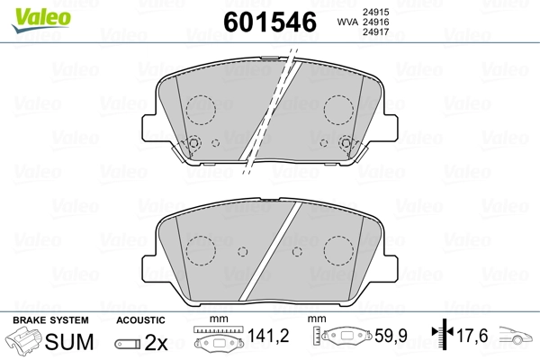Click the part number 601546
pos(270,22)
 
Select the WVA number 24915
pos(375,12)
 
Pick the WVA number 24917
pos(375,32)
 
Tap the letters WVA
pos(347,22)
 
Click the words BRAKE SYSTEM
pos(50,320)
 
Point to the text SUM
pos(69,341)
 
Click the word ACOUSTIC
pos(140,320)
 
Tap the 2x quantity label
pos(156,342)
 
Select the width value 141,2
pos(268,336)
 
